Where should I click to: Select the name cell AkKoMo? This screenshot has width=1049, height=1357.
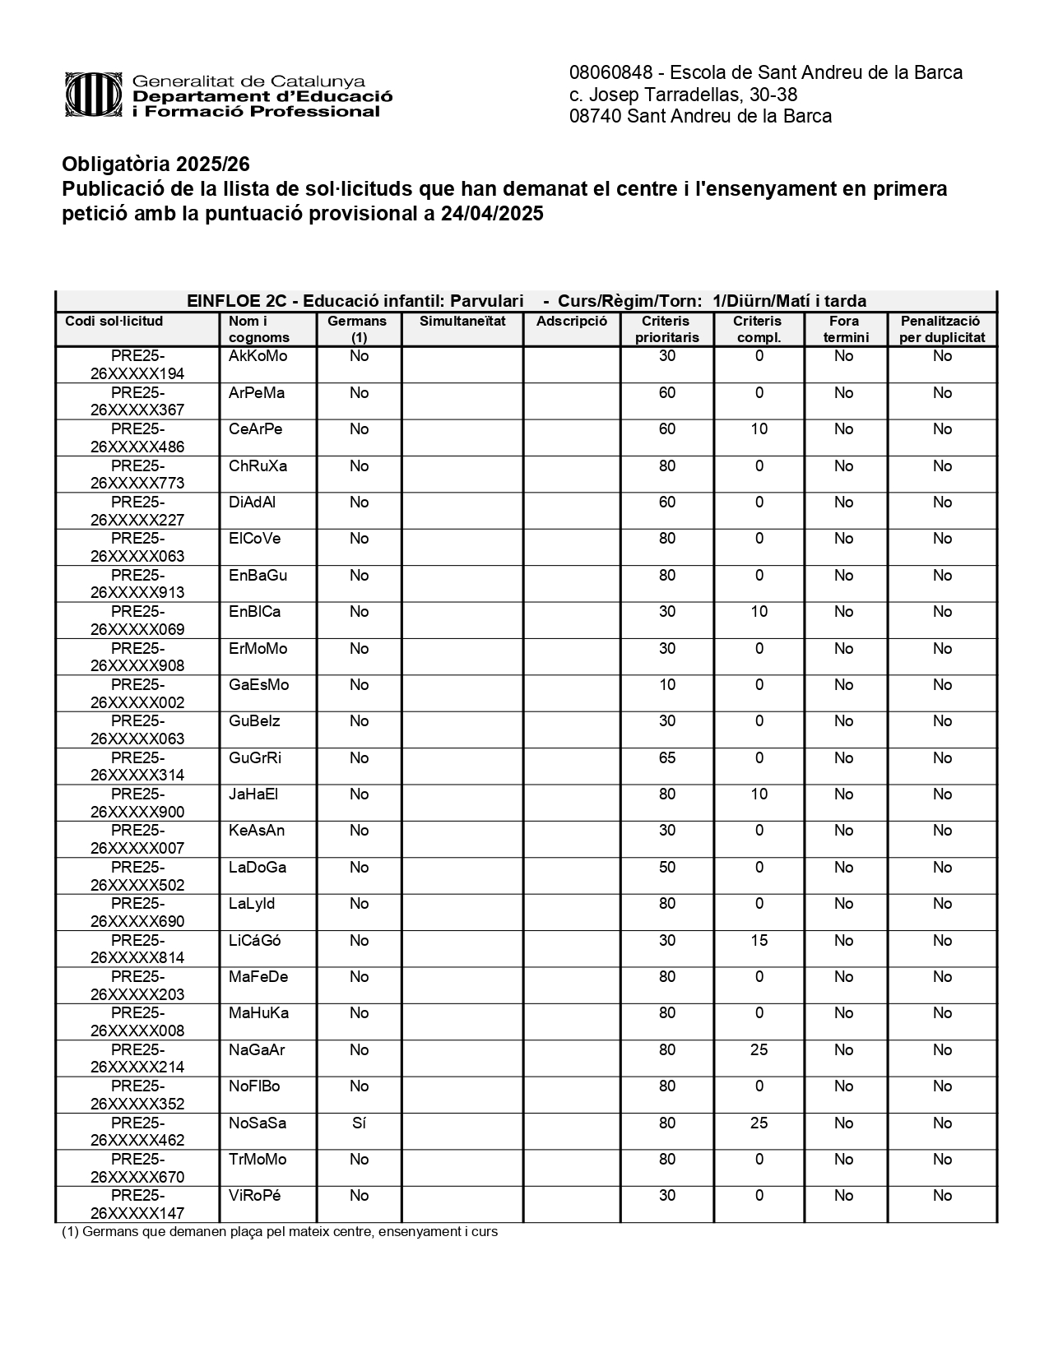pos(258,356)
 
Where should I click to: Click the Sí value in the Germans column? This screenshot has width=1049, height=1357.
pos(359,1123)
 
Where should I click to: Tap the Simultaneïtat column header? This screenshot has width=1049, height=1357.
pos(462,322)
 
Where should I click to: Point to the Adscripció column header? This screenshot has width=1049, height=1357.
pos(572,322)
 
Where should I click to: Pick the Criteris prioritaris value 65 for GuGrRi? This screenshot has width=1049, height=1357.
pos(666,757)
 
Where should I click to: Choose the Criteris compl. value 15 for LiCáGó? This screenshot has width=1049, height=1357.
pos(759,940)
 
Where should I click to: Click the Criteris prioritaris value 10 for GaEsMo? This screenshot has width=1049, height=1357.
pos(666,684)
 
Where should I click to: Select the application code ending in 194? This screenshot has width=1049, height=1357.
pos(137,365)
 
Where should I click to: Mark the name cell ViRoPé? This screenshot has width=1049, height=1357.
pos(254,1196)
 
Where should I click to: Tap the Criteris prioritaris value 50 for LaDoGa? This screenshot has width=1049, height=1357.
pos(666,867)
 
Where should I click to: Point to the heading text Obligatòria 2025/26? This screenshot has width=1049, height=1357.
pos(155,164)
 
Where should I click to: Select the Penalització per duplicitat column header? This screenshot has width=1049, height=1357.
pos(942,329)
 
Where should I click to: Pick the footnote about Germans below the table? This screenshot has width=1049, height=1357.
pos(280,1232)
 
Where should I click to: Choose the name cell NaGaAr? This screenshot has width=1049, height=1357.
pos(257,1049)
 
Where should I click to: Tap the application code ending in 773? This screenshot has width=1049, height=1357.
pos(137,475)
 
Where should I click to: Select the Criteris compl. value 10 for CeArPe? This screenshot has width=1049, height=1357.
pos(759,428)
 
